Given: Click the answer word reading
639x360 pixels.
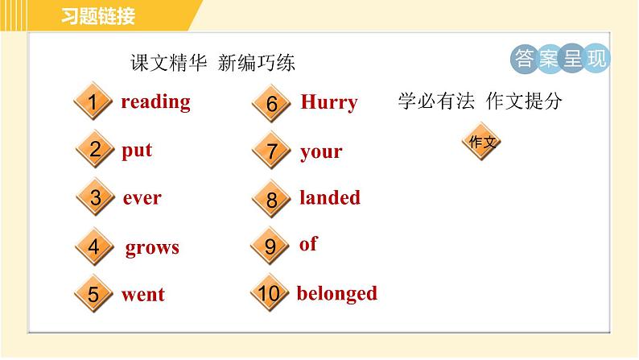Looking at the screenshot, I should (x=155, y=102).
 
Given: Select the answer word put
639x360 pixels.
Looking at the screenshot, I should (x=137, y=151).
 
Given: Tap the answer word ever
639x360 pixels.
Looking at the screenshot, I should (x=142, y=198).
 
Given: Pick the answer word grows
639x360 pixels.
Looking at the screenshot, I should (x=152, y=248).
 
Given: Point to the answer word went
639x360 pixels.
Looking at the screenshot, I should (x=142, y=295).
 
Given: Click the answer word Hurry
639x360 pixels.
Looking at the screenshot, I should (x=328, y=103).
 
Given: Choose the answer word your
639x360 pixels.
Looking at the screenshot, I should (x=321, y=151).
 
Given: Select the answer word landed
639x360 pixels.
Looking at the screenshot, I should (x=330, y=198).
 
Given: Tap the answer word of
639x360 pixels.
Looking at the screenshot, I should (x=308, y=245).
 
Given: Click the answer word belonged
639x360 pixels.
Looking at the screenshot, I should (x=336, y=294).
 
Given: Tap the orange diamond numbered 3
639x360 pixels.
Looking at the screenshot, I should (x=95, y=198).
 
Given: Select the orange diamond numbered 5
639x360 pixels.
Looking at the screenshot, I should (x=93, y=295).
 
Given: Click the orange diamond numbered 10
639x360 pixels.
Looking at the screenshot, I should (x=270, y=295).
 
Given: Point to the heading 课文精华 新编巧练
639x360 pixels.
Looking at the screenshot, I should (x=212, y=64).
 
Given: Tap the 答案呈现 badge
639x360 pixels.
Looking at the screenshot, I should (x=560, y=59).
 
